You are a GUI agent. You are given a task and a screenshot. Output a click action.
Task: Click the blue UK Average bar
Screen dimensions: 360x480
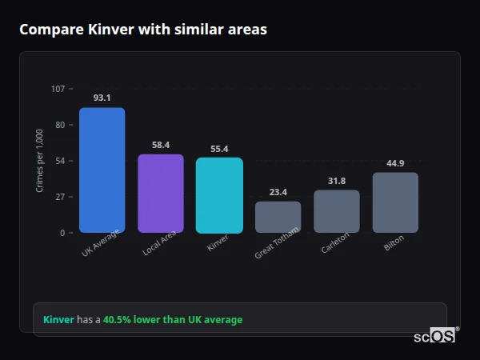point(102,170)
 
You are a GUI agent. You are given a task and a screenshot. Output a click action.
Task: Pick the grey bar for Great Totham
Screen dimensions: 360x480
point(278,217)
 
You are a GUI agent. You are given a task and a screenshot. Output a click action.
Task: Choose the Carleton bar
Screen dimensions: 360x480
point(337,211)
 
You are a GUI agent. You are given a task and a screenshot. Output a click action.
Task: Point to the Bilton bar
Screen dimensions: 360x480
point(395,202)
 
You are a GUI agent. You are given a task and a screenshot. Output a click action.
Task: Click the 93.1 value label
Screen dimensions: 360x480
point(102,98)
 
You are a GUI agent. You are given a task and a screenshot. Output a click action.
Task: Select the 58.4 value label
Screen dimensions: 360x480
point(161,145)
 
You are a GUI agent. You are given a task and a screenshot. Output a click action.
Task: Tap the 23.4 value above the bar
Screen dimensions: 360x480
point(278,192)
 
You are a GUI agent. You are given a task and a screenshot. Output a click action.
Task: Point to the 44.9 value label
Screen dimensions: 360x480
point(395,163)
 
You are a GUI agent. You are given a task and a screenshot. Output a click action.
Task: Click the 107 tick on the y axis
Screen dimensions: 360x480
point(58,89)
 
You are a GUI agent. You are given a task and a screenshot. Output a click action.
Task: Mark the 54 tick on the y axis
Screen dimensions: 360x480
point(60,161)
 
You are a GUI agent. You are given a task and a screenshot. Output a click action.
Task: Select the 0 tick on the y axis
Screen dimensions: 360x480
point(62,233)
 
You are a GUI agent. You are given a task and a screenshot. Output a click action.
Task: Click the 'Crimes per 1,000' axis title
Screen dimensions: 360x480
point(40,161)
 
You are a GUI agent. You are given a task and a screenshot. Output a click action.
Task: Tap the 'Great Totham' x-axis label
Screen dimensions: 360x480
point(277,243)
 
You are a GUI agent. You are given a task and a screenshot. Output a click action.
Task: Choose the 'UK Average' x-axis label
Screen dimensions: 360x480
point(100,243)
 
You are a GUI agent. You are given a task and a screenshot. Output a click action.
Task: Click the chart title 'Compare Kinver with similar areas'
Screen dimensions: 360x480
point(143,30)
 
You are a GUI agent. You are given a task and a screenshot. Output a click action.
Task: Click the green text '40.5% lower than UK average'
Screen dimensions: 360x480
point(173,320)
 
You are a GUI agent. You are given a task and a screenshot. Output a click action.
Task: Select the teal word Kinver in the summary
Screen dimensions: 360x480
point(58,320)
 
